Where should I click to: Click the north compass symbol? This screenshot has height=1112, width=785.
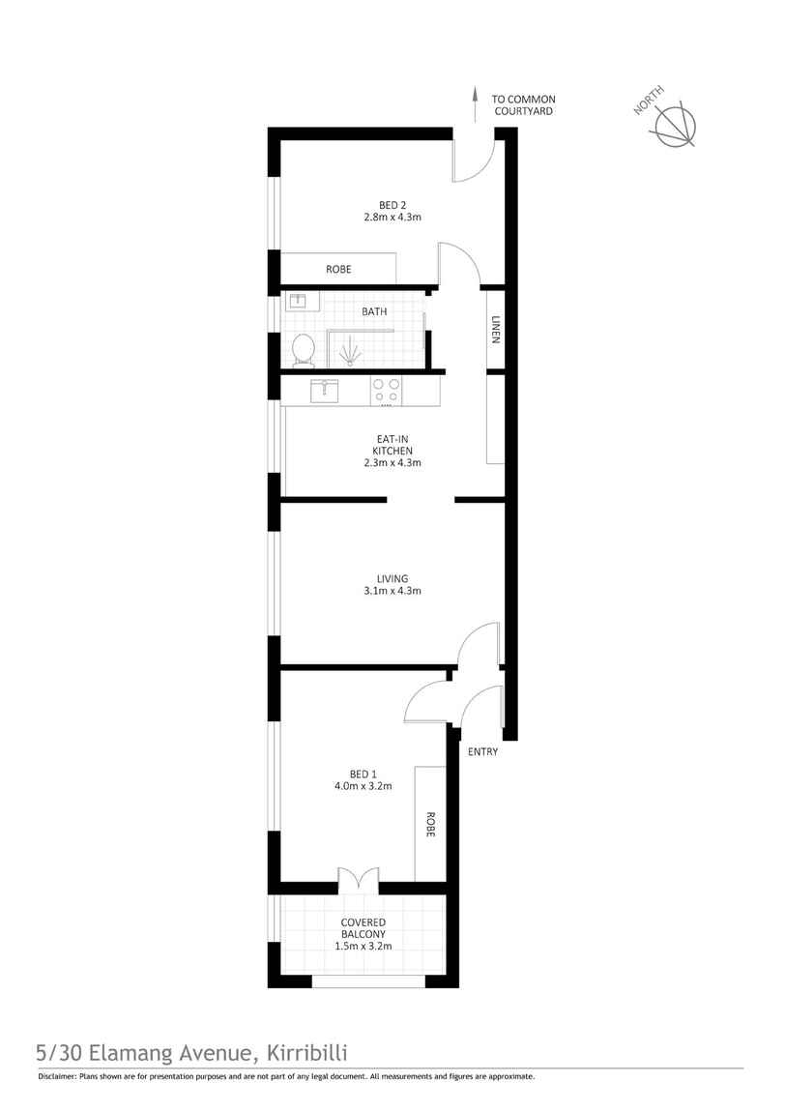coord(675,126)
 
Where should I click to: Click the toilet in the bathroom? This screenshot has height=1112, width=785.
coord(304,349)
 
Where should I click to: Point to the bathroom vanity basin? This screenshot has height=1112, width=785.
coord(297,302)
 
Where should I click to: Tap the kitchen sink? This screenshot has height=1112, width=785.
coord(324,392)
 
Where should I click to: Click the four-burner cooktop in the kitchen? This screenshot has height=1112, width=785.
coord(387,391)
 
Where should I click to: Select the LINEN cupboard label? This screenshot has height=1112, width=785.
coord(495,330)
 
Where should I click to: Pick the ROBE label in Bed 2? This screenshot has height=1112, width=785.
coord(338,269)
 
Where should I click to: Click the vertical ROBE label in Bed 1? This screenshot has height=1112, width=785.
coord(429,824)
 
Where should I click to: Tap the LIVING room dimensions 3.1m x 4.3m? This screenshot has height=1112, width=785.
coord(392,591)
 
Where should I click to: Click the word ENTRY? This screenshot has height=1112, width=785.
coord(482,751)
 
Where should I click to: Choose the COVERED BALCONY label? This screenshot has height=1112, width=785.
coord(364,928)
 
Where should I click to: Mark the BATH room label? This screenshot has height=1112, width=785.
coord(375,311)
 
